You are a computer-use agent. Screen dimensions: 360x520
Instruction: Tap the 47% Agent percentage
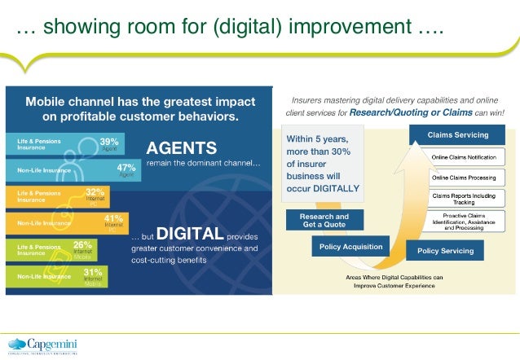point(125,166)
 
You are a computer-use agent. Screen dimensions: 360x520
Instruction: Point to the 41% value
point(113,218)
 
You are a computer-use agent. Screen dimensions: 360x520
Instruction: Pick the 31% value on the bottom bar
point(93,271)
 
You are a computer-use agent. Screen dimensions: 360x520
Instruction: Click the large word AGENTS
point(181,148)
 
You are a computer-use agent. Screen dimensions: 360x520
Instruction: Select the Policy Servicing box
point(445,251)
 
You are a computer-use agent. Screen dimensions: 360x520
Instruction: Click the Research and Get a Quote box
point(318,220)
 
